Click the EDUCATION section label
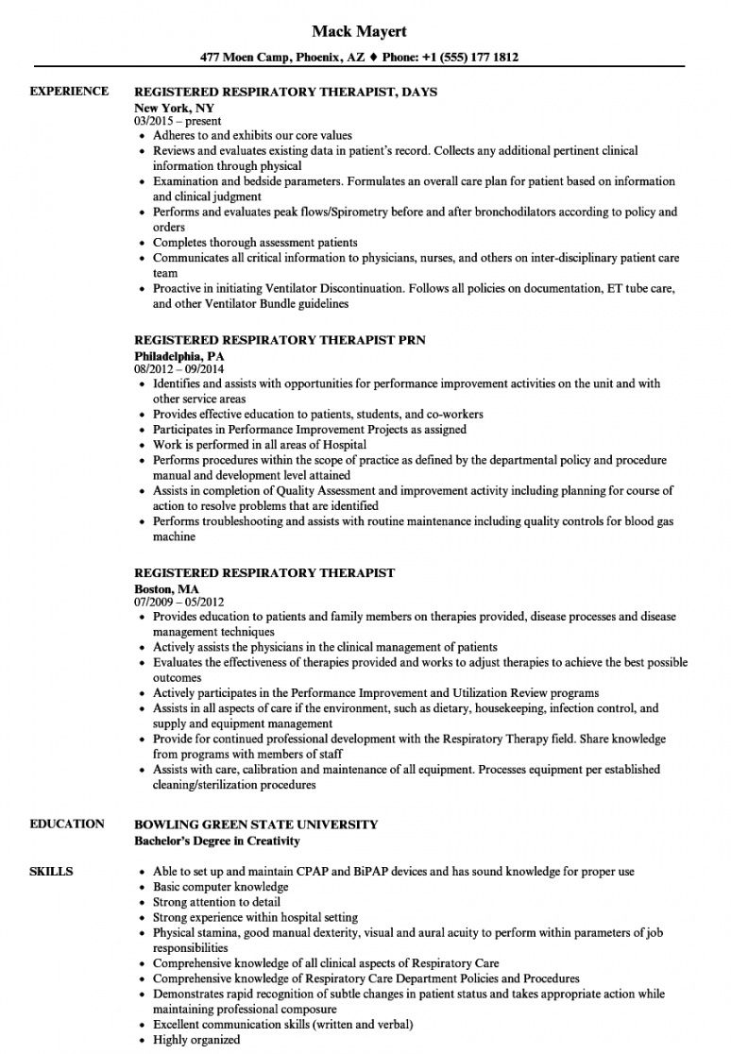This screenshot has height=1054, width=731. pos(67,824)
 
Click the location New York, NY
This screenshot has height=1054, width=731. pos(175,108)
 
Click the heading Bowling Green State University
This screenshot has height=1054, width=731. pos(256,824)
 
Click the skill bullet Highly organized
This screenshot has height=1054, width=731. pos(196,1040)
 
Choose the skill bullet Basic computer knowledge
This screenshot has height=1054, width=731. pos(220,887)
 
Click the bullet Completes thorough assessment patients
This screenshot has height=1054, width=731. pos(255,243)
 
